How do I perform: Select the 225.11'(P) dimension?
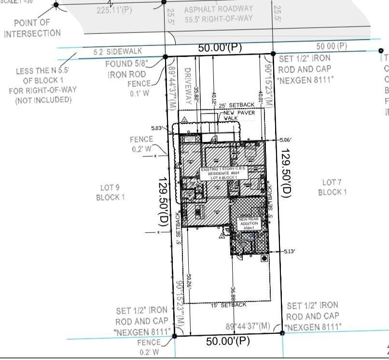pos(114,10)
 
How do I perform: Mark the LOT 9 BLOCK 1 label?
pos(110,192)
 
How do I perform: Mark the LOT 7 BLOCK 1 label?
pos(332,187)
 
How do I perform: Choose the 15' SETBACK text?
pos(229,305)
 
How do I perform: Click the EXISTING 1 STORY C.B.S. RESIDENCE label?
pos(223,173)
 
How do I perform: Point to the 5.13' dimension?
pos(290,251)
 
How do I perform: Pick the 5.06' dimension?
pos(285,140)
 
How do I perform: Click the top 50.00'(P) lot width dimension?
pos(220,48)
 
